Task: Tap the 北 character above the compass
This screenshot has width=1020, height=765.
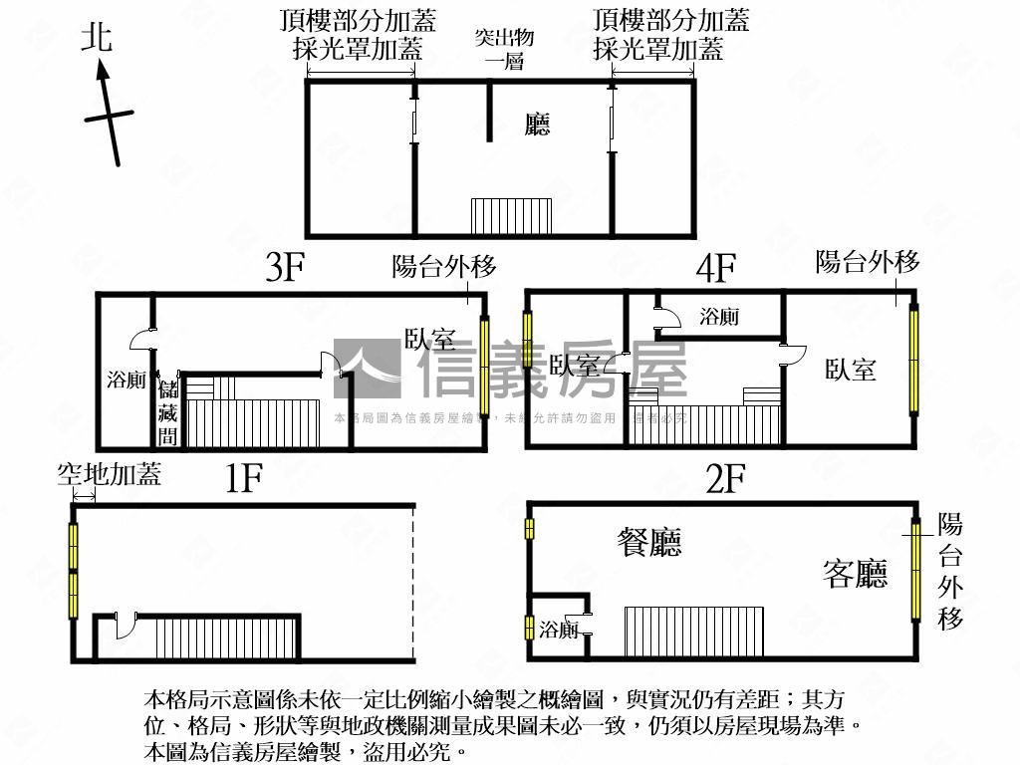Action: [x=98, y=39]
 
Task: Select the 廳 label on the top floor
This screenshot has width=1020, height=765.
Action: [x=538, y=125]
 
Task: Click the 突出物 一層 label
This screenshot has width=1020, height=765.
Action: [x=504, y=49]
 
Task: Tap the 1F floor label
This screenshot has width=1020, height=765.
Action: [x=242, y=479]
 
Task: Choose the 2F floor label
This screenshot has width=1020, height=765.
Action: [x=725, y=480]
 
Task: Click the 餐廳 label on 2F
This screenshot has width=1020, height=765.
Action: [x=651, y=543]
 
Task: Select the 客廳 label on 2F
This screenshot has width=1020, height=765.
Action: [x=855, y=574]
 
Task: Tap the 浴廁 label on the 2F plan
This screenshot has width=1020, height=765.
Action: [x=559, y=630]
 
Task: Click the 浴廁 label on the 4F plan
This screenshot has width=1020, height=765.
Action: [x=719, y=317]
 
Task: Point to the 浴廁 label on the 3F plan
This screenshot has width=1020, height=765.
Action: [x=127, y=379]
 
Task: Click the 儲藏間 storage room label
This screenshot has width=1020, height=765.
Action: [x=167, y=410]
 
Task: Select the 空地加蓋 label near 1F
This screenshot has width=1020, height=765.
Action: [x=109, y=475]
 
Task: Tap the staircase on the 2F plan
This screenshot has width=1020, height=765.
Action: [x=693, y=632]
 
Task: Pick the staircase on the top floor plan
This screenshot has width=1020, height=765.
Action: [x=511, y=215]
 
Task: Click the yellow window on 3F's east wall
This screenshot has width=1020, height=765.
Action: [x=485, y=367]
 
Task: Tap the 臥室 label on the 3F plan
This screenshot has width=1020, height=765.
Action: [x=430, y=339]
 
